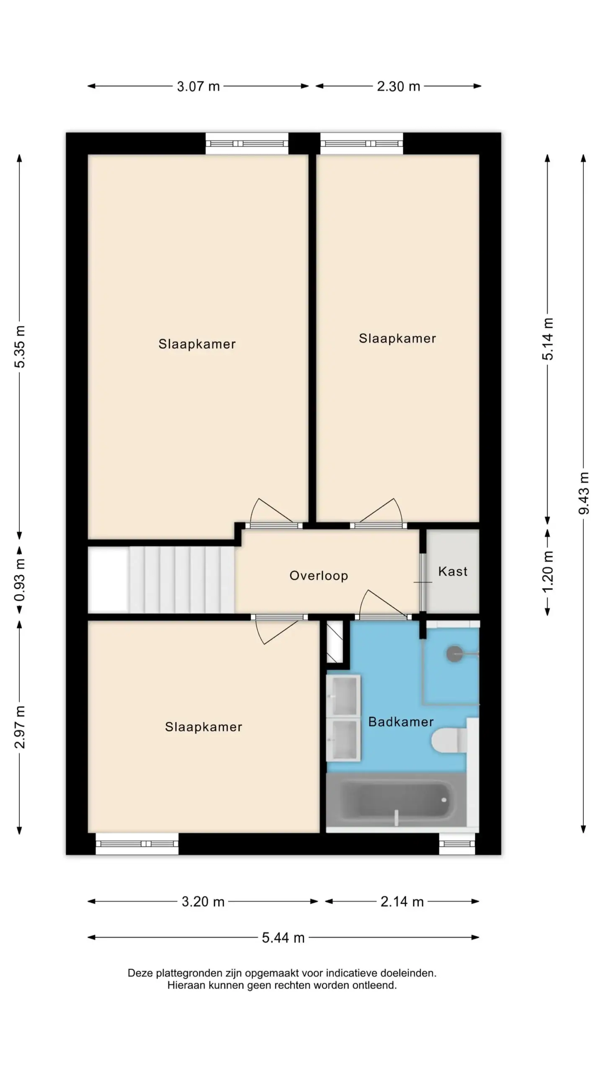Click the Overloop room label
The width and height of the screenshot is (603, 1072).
point(319,575)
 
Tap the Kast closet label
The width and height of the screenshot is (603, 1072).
point(453,571)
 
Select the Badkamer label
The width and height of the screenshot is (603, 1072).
point(401,722)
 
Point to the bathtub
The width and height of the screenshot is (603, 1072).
point(396,801)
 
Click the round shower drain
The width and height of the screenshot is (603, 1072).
point(454,654)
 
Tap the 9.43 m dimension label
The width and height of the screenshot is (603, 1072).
point(583,493)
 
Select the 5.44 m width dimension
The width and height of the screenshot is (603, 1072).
point(283,938)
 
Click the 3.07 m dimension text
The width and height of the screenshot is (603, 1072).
point(198,86)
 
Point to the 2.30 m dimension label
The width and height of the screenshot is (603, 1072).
point(398,86)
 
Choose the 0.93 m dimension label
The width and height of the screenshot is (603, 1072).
point(20,580)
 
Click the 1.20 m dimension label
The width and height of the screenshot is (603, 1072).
point(548,572)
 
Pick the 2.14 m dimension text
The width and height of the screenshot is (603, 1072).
point(402,902)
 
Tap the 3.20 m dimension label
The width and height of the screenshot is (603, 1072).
point(203,902)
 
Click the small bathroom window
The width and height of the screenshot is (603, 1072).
point(457,844)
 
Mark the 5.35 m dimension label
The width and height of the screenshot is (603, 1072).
point(20,347)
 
